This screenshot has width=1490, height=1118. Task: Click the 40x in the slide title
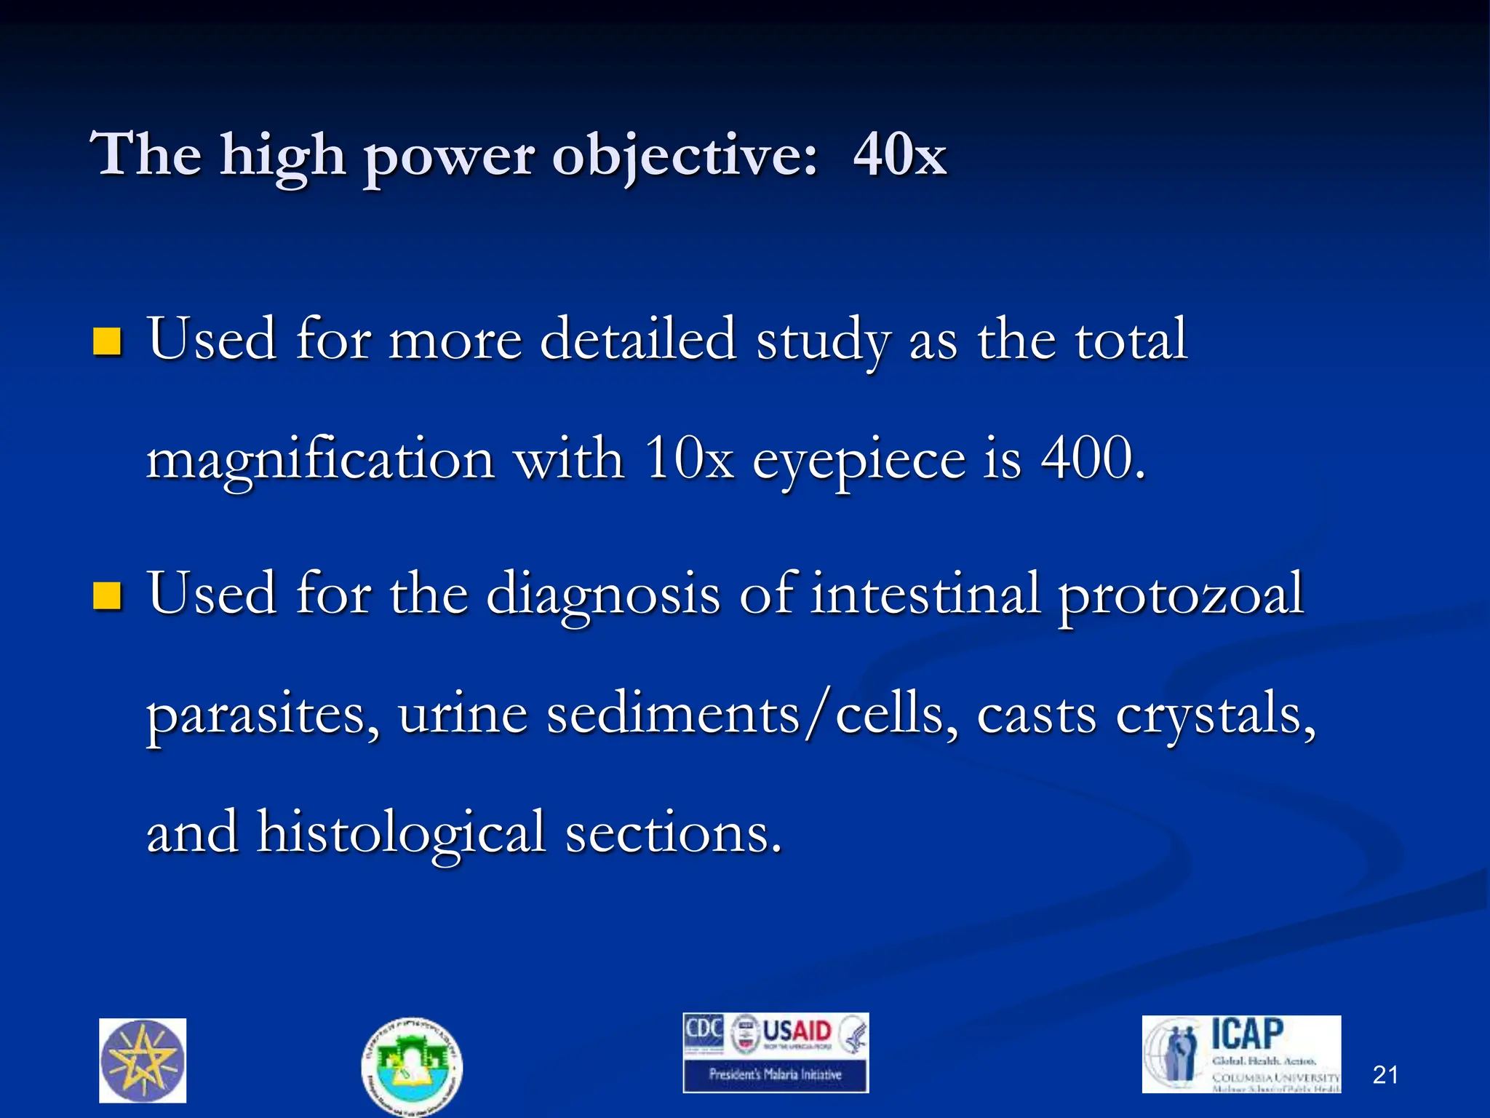900,155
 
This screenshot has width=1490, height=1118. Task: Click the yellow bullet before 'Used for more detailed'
107,341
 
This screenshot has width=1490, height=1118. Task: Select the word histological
401,833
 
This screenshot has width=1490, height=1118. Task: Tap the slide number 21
1385,1074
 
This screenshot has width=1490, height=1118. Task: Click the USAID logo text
797,1031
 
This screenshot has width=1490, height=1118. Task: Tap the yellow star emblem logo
143,1060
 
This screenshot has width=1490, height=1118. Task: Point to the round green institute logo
412,1066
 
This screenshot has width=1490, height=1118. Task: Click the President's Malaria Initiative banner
776,1074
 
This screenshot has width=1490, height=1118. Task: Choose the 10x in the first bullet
689,460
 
